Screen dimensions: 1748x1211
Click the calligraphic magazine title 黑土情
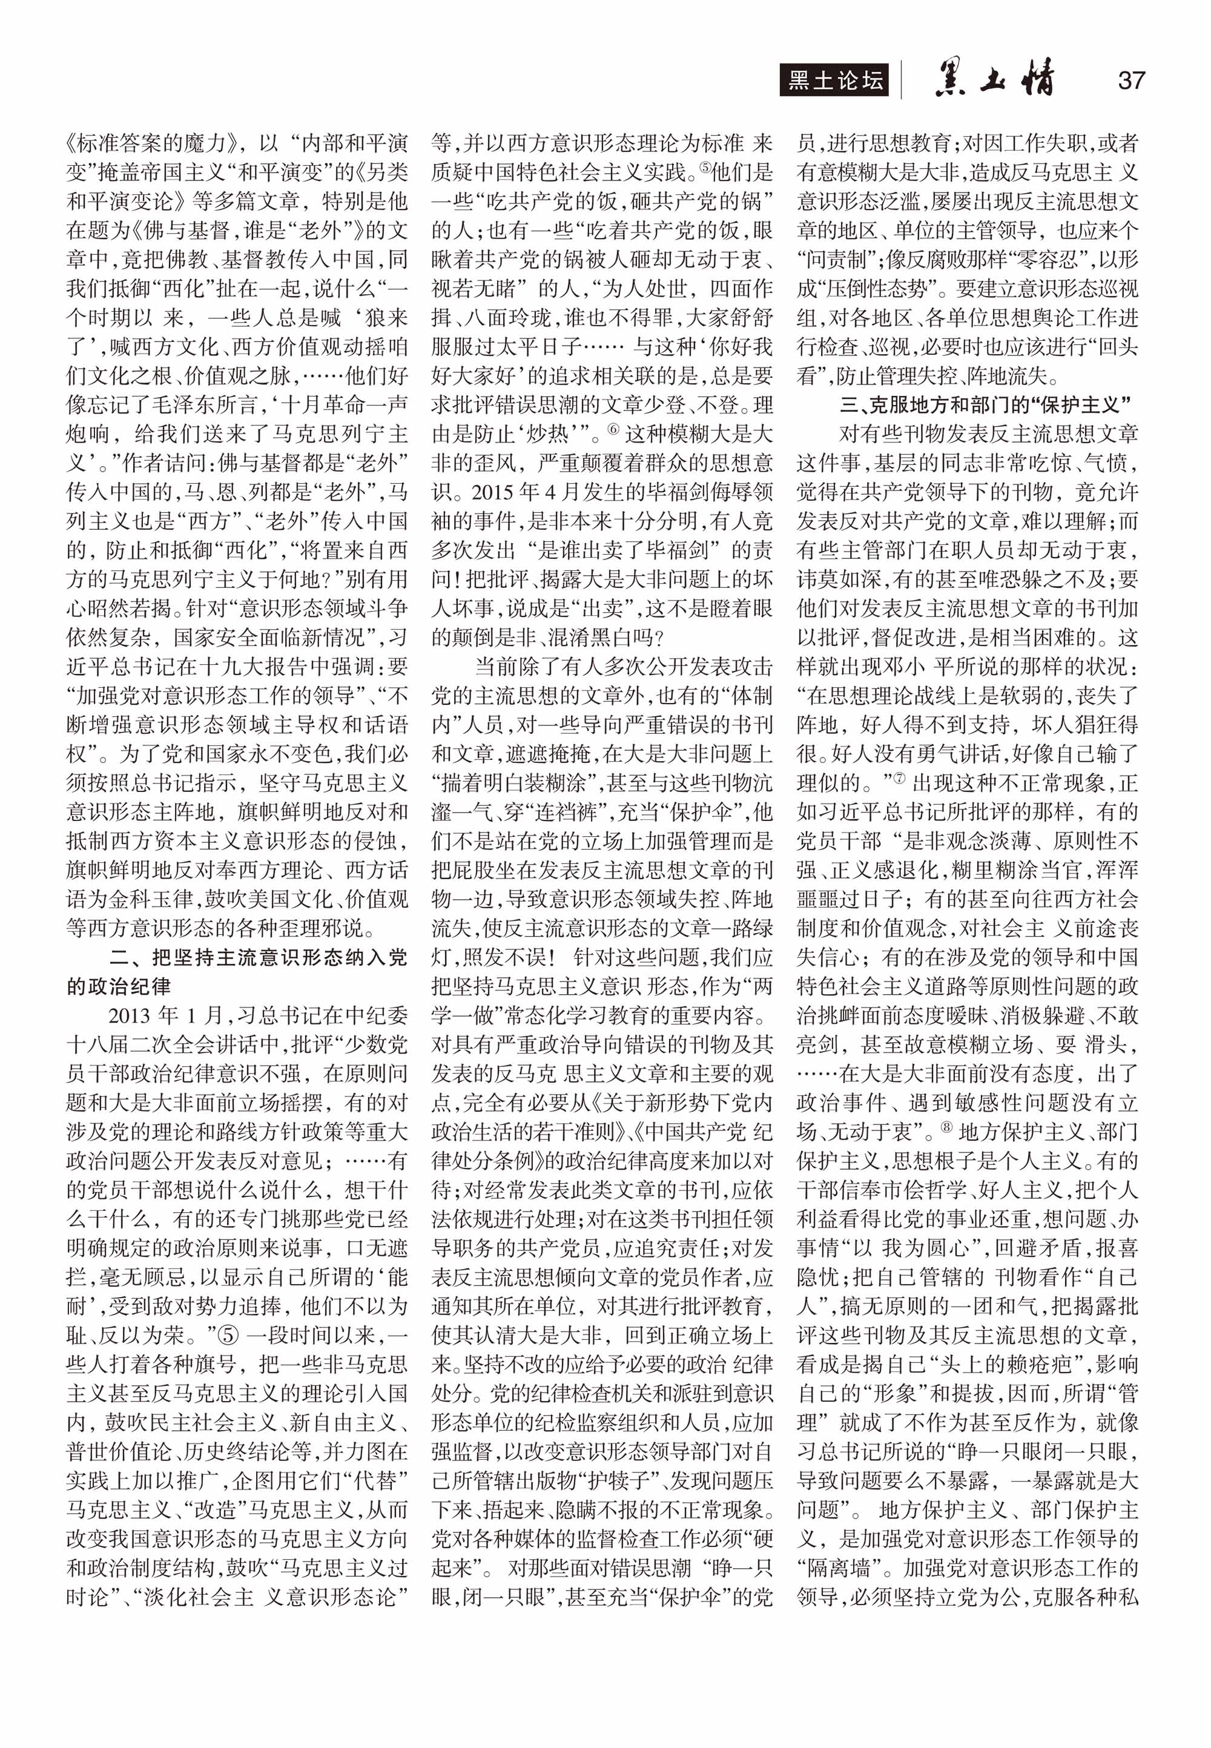point(995,79)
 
